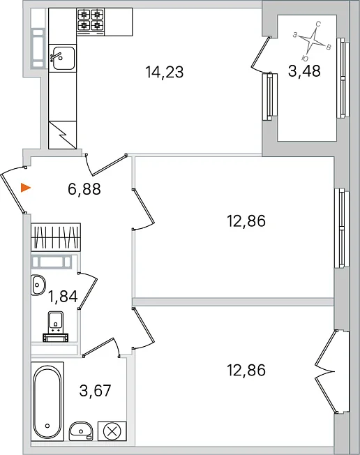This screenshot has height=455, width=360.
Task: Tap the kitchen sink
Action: point(62,57)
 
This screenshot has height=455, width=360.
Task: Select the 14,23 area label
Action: point(165,72)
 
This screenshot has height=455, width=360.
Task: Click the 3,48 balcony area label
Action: point(304,71)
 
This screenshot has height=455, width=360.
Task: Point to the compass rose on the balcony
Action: point(312,41)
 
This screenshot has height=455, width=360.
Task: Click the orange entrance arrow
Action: point(26,188)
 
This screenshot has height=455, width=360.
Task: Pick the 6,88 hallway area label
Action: point(84,189)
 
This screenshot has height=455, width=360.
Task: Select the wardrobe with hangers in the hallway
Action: point(56,237)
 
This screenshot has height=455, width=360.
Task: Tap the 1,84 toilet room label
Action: point(63,297)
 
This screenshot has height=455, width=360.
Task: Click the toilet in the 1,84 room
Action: point(56,327)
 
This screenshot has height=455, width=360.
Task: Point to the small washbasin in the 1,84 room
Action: point(38,285)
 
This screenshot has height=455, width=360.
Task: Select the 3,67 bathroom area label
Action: point(95,391)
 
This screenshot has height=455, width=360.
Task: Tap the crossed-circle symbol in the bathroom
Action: point(112,431)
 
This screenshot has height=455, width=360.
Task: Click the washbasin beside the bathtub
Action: point(81,431)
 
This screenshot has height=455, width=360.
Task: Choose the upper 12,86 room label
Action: point(246,221)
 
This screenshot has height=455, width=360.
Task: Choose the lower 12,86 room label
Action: point(246,371)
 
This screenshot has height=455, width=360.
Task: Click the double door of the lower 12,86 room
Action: point(326,371)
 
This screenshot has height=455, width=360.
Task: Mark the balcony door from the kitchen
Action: point(261,55)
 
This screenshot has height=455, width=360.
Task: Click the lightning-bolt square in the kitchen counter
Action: point(62,135)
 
